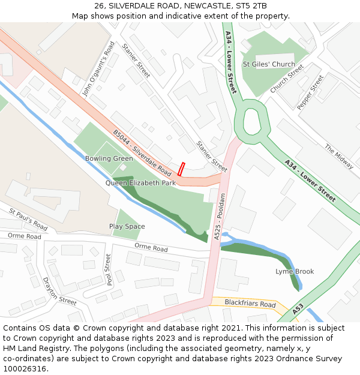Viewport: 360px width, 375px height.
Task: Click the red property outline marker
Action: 181,169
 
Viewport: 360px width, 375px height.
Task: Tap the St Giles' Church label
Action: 269,64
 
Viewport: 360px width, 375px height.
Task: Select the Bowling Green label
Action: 109,158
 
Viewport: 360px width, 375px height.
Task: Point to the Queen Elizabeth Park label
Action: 140,182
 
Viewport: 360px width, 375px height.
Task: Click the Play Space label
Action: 127,226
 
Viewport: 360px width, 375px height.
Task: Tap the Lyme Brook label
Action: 295,272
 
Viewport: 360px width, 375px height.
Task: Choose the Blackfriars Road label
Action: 250,304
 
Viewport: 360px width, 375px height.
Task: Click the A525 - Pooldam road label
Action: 220,217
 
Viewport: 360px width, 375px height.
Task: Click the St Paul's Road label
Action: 28,220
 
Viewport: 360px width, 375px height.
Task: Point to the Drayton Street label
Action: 60,291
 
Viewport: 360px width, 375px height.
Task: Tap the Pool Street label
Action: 108,269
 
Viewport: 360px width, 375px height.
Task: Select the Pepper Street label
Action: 310,92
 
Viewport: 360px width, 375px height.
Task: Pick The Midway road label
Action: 339,156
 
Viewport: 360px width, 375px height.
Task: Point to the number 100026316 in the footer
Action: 23,369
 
